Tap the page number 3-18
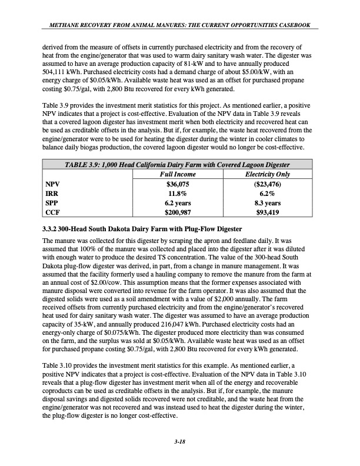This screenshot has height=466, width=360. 179,450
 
